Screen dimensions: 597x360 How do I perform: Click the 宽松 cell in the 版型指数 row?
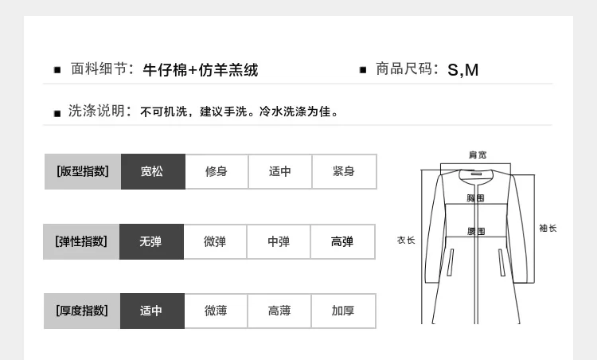153,171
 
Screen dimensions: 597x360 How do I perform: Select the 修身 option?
217,171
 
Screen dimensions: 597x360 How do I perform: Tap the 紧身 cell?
344,171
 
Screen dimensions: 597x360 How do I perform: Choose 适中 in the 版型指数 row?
280,171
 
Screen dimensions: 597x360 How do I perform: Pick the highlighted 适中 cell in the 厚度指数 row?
152,311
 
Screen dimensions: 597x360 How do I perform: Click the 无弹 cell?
151,241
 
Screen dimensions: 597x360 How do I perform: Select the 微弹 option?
215,241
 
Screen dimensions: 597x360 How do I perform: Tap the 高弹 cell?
342,241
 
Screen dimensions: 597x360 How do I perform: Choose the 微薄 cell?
216,311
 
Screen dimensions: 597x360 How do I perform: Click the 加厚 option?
343,311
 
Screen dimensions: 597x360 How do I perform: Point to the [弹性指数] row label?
81,241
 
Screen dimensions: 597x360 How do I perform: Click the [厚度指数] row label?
82,311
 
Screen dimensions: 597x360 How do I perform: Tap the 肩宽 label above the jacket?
478,155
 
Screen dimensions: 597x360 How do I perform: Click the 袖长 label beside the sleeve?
548,229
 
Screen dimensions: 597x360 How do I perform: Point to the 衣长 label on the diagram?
406,241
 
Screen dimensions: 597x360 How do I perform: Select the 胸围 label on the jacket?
475,198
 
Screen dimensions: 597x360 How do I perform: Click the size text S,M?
463,70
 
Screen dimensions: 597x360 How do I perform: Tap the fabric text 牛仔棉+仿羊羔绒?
201,70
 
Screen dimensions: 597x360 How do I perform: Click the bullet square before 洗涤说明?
57,114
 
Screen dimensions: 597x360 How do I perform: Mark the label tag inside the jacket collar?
476,174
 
